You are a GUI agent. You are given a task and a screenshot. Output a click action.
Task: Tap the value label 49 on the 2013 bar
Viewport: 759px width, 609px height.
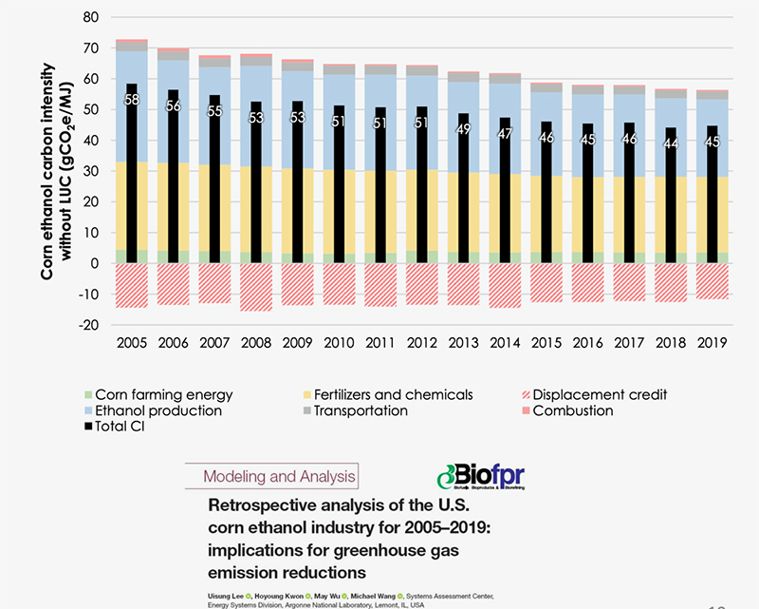[x=464, y=130]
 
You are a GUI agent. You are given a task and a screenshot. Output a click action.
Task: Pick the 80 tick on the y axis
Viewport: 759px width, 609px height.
[x=91, y=17]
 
